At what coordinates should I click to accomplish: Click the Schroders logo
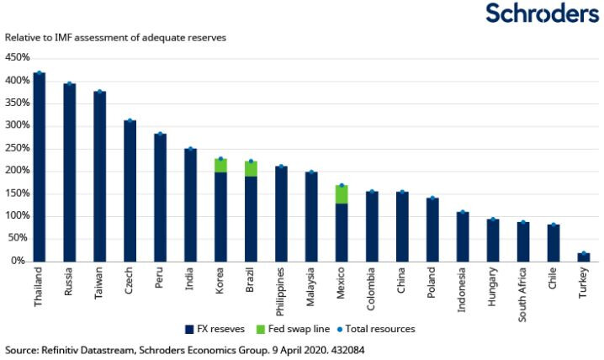pos(542,14)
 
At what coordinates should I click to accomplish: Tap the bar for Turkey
pos(584,257)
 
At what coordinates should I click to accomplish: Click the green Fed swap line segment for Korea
pos(220,165)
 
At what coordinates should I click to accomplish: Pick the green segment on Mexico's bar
pos(342,194)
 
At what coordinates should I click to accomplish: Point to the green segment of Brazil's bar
pos(251,168)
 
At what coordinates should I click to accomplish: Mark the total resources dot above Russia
pos(69,84)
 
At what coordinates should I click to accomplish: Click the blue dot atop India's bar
pos(190,149)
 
